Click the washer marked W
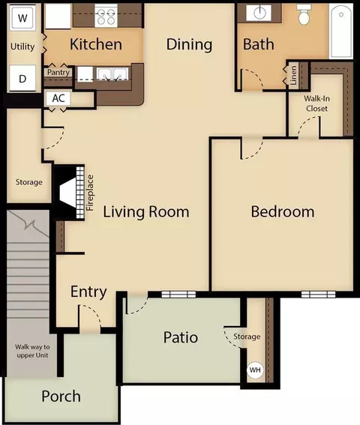[22, 18]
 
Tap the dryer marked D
[22, 78]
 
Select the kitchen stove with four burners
[106, 16]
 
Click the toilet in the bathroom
[304, 14]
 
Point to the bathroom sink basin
[260, 12]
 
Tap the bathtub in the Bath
[341, 31]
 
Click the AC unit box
[58, 98]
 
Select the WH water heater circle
[255, 370]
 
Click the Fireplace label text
[90, 193]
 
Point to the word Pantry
[58, 73]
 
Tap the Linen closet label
[293, 76]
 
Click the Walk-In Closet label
[316, 103]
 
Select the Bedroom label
[283, 211]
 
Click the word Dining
[189, 44]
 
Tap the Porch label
[61, 397]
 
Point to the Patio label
[181, 337]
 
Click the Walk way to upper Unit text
[32, 351]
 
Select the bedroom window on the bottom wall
[318, 295]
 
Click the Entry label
[88, 292]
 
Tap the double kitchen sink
[112, 74]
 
